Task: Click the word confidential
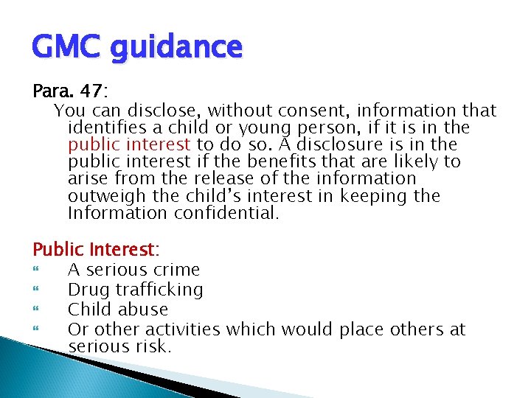(227, 213)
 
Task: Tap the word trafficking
(159, 290)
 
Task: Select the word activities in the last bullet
(184, 329)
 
